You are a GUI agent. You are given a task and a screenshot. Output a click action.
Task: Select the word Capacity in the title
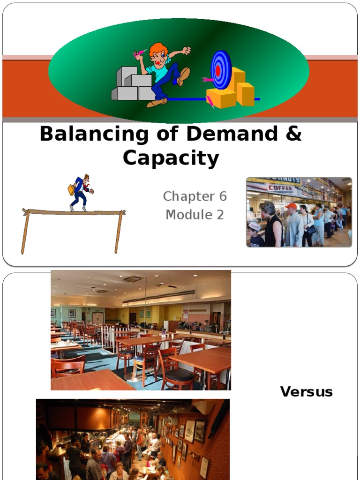click(171, 159)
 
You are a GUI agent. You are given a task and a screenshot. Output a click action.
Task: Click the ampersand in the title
click(293, 135)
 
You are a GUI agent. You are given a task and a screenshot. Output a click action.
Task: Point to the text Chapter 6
click(195, 196)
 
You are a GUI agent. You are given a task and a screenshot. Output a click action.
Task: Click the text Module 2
click(195, 215)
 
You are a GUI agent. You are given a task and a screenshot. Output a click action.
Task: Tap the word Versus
click(306, 392)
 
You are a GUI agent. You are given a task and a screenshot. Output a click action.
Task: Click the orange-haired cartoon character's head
click(158, 54)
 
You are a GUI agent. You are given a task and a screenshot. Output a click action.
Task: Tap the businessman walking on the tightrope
click(81, 192)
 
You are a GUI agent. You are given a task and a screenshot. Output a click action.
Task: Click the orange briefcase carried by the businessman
click(71, 190)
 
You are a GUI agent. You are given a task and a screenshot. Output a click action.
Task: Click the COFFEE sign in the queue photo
click(280, 188)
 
